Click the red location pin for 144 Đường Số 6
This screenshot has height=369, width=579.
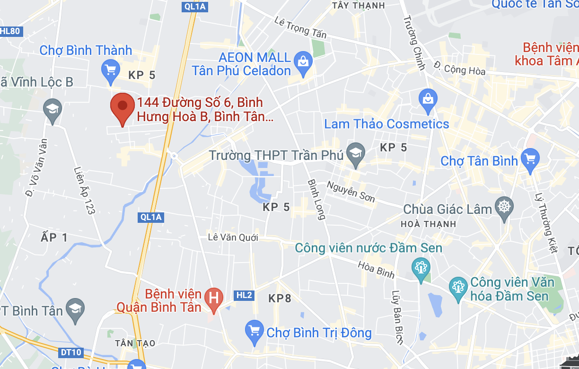tap(122, 106)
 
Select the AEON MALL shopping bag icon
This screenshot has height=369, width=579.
tap(302, 62)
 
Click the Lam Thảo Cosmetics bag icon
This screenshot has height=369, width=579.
tap(428, 99)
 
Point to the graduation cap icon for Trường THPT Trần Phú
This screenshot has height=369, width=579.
tap(356, 153)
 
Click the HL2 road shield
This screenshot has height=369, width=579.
tap(244, 296)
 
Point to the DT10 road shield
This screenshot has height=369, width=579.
tap(71, 352)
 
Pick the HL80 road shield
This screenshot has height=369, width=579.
tap(10, 32)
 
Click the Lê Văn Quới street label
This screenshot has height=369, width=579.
tap(233, 237)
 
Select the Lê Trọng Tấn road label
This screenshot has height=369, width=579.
tap(300, 27)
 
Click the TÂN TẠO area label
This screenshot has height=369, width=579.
tap(136, 343)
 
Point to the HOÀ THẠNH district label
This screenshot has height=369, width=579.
tap(428, 224)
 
